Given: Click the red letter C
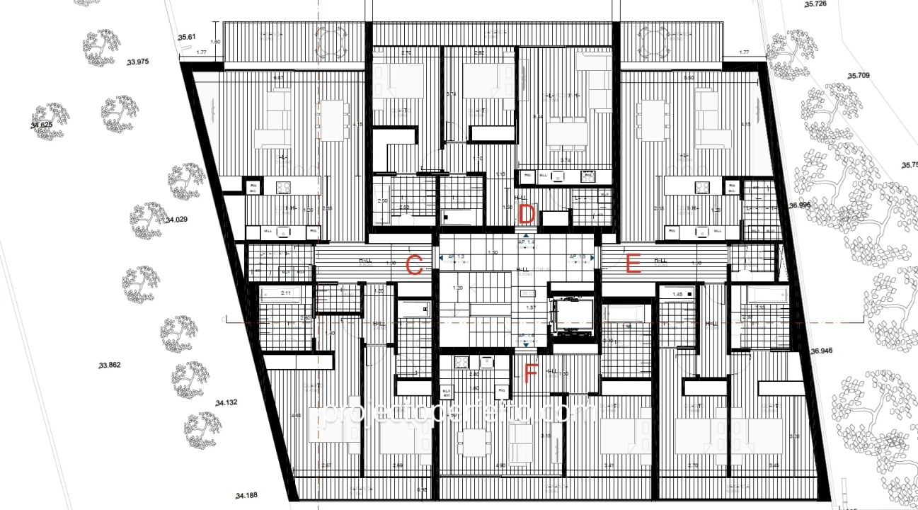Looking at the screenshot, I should click(415, 266).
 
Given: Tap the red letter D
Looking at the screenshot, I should click(527, 213).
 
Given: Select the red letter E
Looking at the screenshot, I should click(633, 266).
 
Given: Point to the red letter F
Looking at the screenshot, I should click(531, 373).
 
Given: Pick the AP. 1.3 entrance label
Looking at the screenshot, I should click(455, 257).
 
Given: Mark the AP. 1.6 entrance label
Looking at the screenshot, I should click(526, 336).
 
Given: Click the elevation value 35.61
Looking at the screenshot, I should click(187, 37).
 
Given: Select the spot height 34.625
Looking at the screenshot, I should click(42, 125).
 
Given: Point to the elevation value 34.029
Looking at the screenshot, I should click(176, 220).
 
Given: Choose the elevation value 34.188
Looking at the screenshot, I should click(248, 496).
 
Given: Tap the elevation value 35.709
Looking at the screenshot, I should click(859, 75).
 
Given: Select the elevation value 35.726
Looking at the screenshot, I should click(815, 4).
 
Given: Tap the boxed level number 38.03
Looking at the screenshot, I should click(527, 293).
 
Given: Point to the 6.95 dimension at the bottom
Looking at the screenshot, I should click(422, 489).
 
